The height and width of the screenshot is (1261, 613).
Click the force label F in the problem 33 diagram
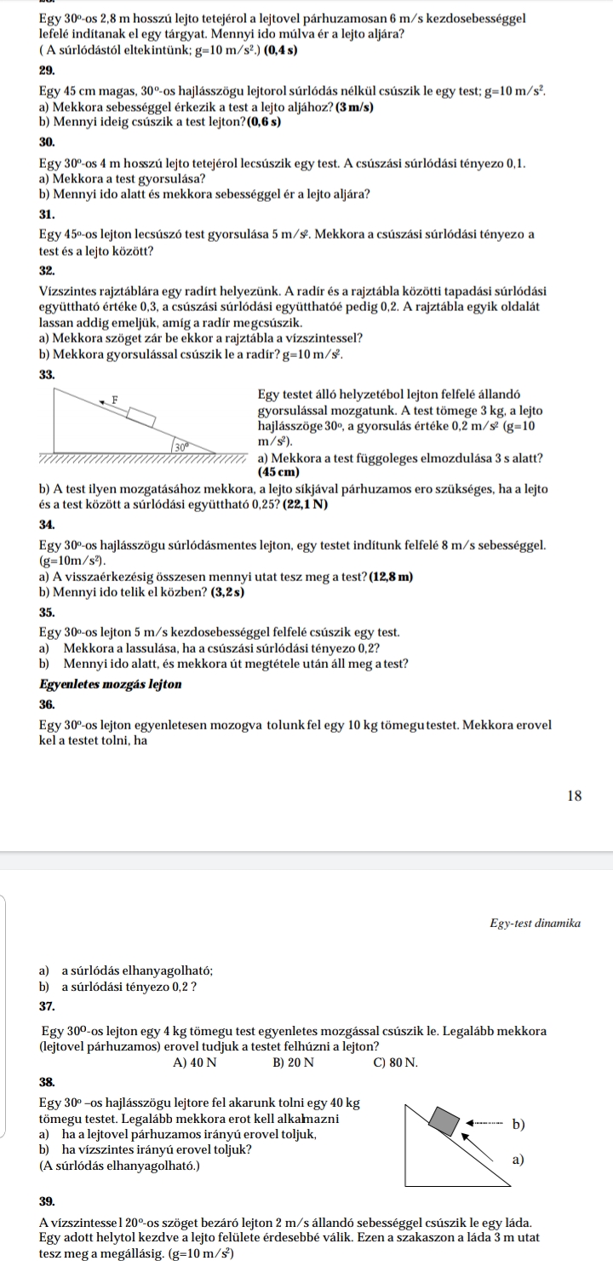coord(115,398)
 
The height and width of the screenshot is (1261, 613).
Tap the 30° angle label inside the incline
coord(180,446)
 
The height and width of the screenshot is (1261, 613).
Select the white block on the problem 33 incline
coord(143,417)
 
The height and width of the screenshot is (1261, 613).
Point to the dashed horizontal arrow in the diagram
coord(486,1122)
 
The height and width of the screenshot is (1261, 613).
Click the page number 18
coord(574,796)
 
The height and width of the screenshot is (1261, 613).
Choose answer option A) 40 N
coord(194,1062)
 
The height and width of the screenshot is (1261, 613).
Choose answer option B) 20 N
coord(293,1062)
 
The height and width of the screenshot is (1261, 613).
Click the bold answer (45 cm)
coord(273,472)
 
